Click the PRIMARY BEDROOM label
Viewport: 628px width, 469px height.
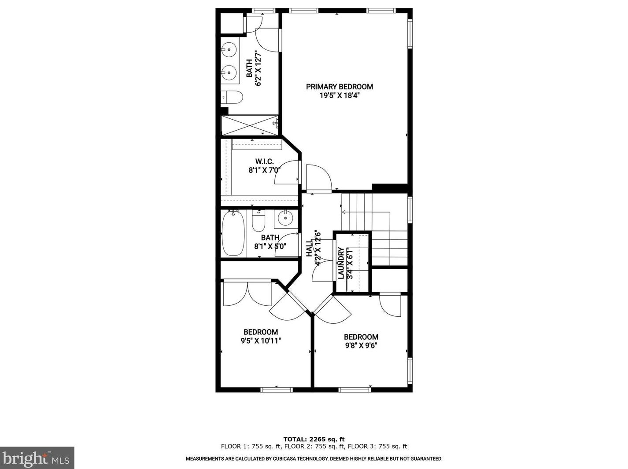(339, 87)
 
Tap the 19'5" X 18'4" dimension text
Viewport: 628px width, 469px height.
(339, 95)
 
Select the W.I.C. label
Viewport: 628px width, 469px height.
(264, 161)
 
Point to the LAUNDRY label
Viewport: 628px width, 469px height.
(341, 263)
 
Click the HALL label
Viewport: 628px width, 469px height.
(309, 249)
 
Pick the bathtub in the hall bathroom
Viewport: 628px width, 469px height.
(233, 233)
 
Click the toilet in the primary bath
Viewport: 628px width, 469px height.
(233, 97)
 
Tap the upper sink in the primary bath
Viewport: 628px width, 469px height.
(229, 49)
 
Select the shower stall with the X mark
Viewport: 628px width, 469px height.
(250, 125)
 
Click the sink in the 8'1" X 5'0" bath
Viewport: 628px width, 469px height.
(285, 218)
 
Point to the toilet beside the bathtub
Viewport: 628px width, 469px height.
(259, 221)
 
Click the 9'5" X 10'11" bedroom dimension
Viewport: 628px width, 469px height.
(261, 341)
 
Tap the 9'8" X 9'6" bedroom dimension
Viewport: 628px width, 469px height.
(361, 345)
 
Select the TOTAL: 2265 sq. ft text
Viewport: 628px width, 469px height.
(314, 439)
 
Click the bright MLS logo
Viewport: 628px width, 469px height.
(37, 458)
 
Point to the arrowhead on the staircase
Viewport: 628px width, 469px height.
(344, 213)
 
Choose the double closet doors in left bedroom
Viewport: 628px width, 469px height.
(248, 293)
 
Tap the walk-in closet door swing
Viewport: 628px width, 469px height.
(286, 173)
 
